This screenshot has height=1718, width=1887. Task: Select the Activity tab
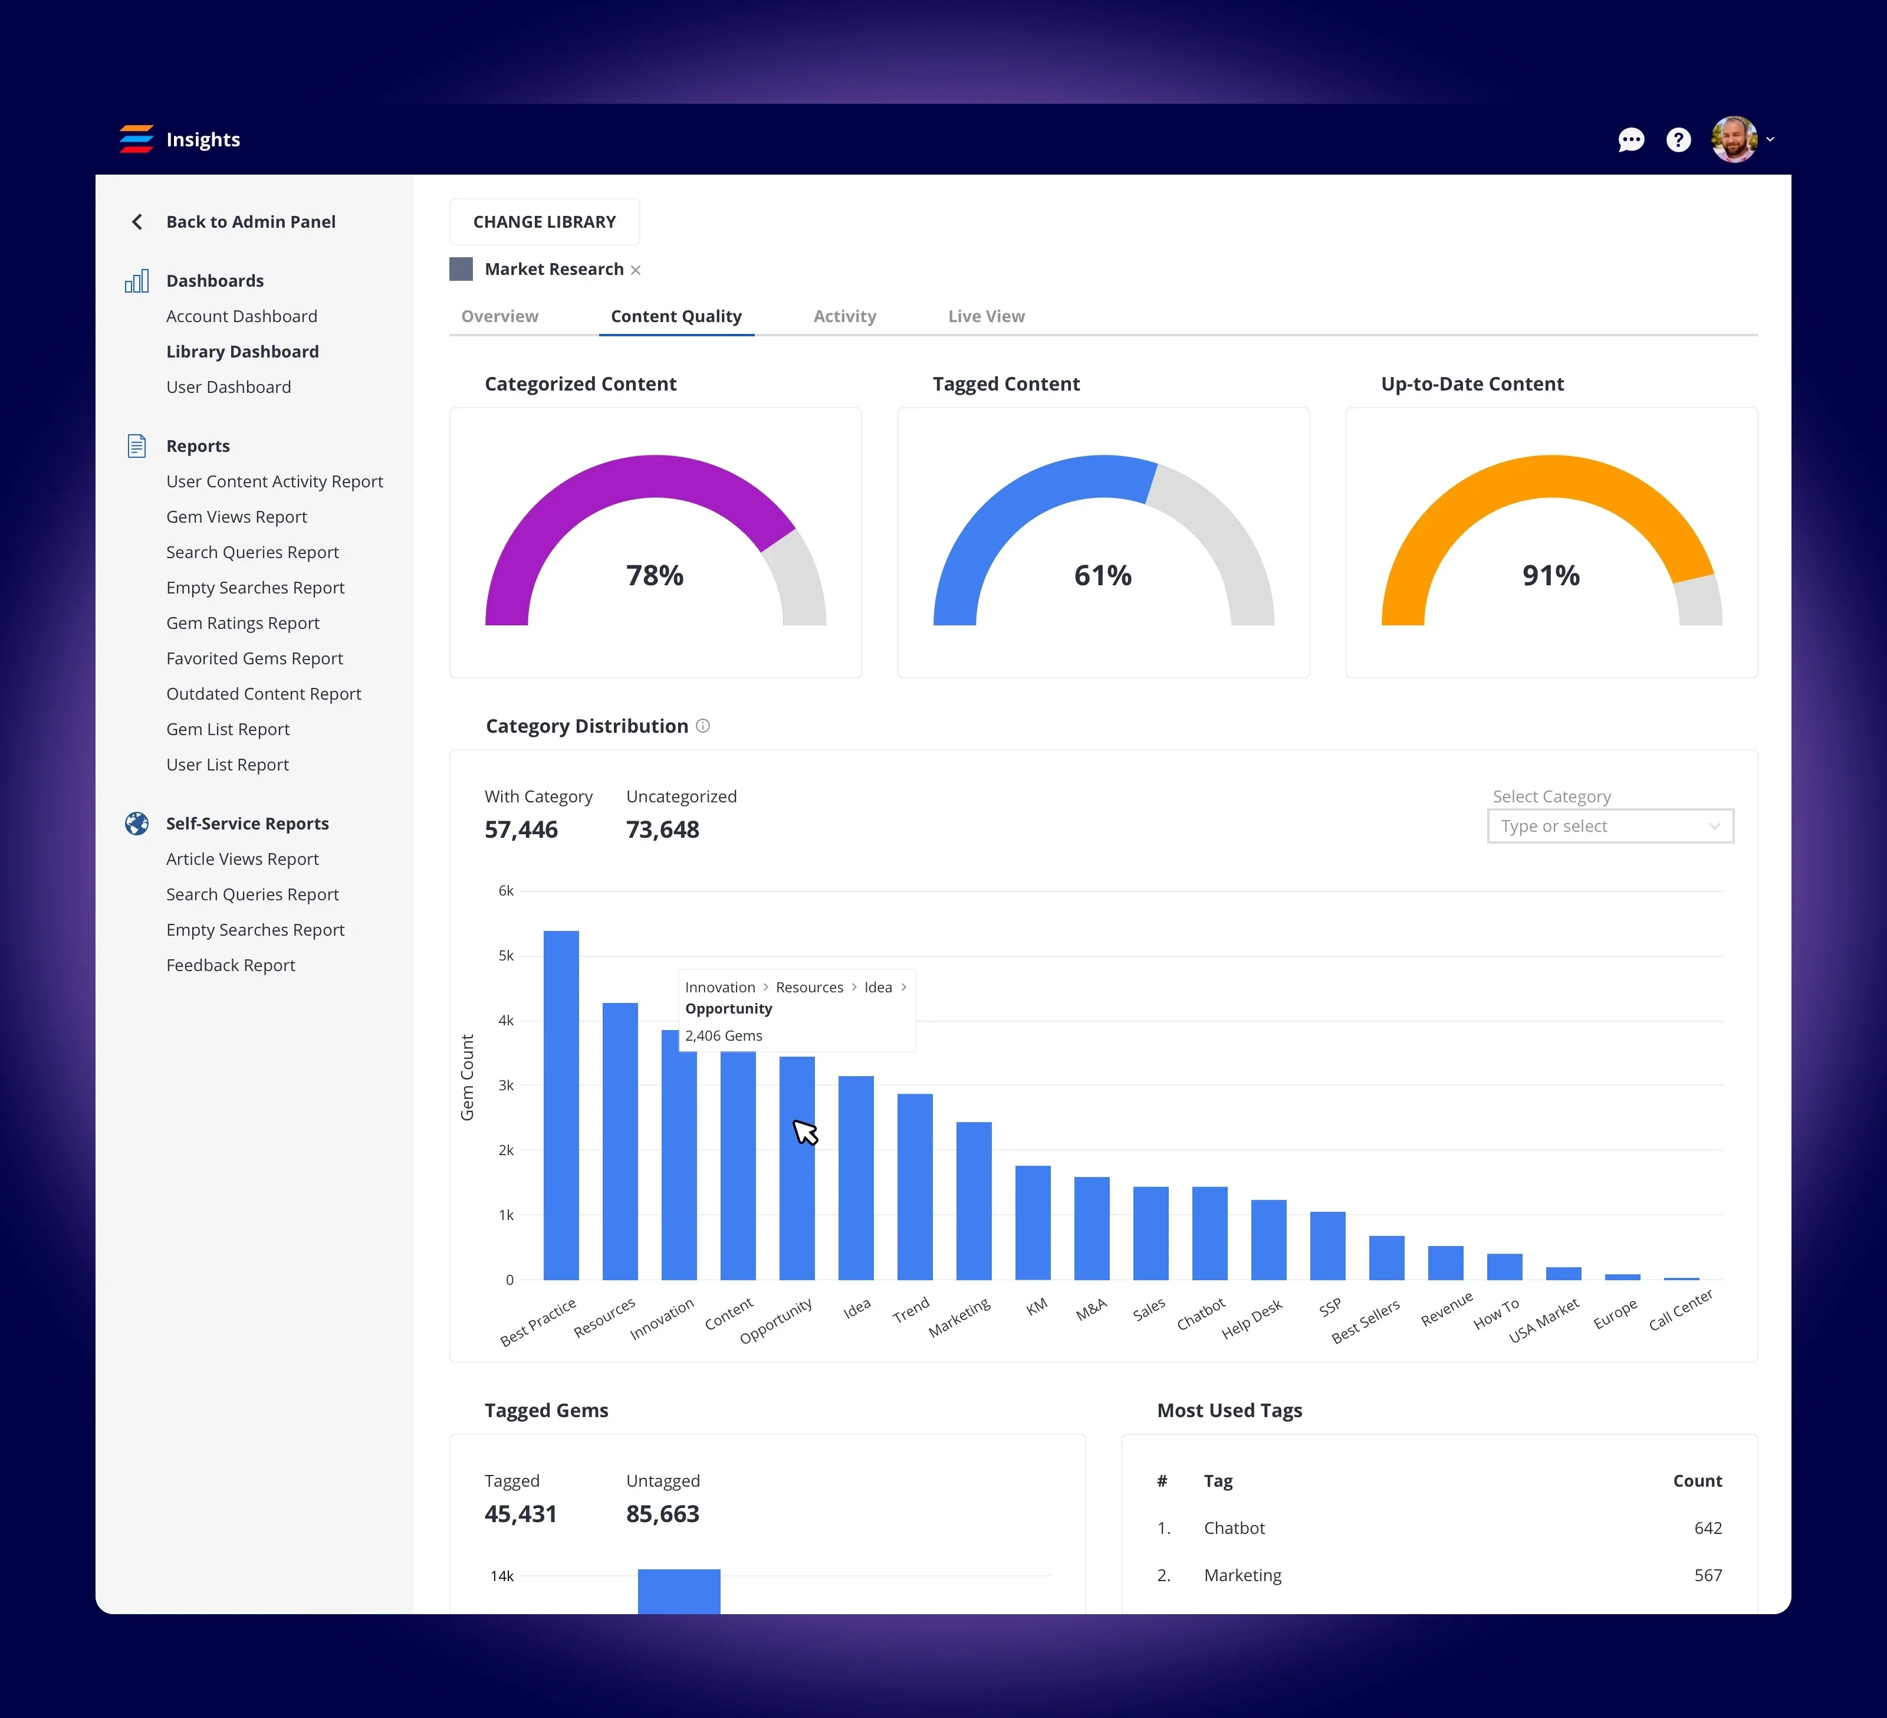pos(844,316)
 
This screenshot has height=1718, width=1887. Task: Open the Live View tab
pos(985,316)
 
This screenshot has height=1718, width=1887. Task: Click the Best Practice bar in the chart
pos(561,1105)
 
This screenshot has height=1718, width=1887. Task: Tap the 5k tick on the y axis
pos(505,956)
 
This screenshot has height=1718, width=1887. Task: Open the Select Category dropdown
pos(1609,826)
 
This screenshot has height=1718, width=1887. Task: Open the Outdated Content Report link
pos(263,694)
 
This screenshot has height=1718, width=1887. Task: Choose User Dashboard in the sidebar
pos(228,386)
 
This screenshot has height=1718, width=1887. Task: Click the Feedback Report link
pos(230,965)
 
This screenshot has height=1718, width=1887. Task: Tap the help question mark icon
pos(1678,139)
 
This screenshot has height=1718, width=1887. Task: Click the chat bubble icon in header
pos(1630,139)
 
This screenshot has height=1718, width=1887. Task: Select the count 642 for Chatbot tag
pos(1707,1528)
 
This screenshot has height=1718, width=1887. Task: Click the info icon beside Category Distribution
pos(703,726)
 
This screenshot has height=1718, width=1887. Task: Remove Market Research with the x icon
pos(636,271)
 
